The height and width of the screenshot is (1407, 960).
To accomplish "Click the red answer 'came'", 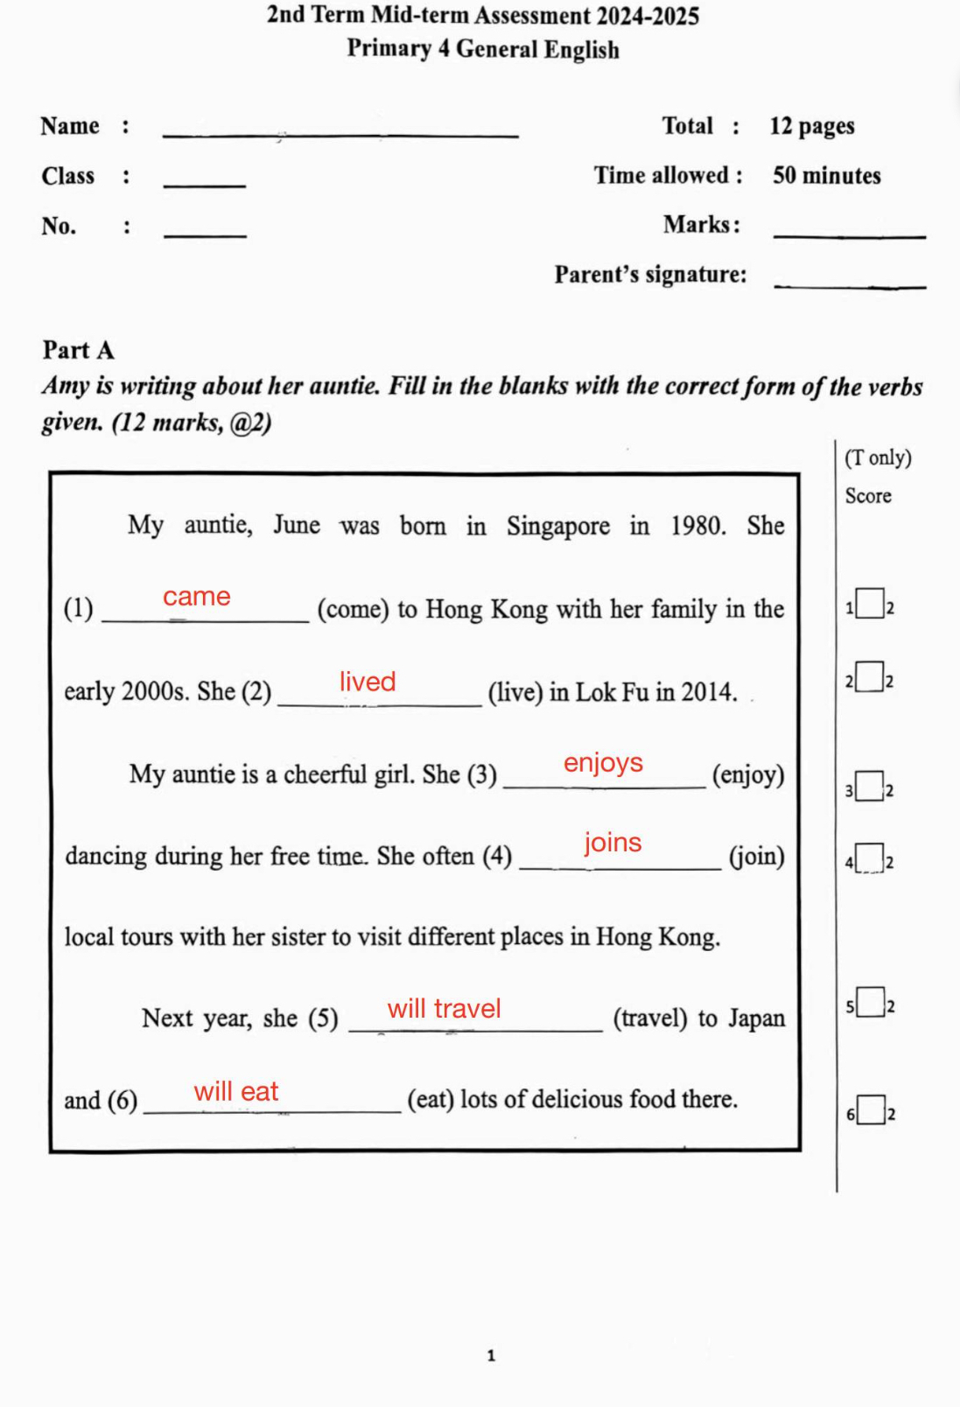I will coord(197,597).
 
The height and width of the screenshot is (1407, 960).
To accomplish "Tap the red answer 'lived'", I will coord(368,682).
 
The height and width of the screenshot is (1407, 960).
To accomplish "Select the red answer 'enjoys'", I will coord(603,763).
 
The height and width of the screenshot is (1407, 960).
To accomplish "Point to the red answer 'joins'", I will coord(613,843).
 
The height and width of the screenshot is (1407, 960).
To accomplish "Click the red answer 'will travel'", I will coord(444,1009).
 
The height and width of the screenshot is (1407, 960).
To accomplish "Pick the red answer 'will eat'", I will coord(236,1092).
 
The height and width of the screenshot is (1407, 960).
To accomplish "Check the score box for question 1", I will coord(869,604).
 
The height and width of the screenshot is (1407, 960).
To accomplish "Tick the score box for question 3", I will coord(869,786).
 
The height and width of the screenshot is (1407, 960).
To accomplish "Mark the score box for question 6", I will coord(871,1110).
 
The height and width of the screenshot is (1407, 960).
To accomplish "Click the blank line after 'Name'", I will coord(340,133).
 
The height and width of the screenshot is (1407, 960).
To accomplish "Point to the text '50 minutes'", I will coord(826,176).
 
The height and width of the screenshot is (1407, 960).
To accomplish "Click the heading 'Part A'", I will coord(79,350).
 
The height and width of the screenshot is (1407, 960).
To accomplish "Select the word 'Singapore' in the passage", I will coord(557,526).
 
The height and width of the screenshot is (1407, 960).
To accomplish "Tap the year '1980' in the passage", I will coord(697,526).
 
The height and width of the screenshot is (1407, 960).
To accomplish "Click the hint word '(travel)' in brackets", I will coord(649,1018).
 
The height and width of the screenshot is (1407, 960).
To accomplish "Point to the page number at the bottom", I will coord(491,1355).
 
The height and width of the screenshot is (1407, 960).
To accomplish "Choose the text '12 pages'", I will coord(811,127).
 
